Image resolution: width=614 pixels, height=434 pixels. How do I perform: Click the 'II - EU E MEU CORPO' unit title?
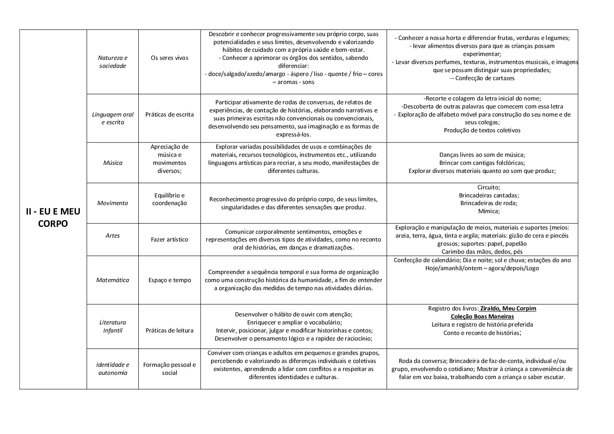(x=53, y=217)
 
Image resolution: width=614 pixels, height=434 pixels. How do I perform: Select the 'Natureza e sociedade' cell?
(x=113, y=62)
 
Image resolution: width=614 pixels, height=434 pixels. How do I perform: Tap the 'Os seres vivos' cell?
(x=169, y=58)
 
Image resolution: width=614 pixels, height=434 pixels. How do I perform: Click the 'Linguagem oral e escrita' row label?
(x=113, y=118)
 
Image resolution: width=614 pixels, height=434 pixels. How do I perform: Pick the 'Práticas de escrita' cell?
(x=169, y=114)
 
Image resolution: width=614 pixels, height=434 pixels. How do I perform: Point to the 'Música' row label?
(x=113, y=163)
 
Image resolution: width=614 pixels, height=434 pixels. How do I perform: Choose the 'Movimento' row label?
(x=113, y=203)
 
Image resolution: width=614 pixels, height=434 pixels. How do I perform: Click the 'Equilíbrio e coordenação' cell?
(x=169, y=199)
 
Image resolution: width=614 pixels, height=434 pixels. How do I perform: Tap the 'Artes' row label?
(x=113, y=236)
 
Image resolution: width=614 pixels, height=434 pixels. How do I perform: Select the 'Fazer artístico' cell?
(x=169, y=239)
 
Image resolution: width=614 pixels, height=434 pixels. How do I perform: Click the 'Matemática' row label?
(x=113, y=280)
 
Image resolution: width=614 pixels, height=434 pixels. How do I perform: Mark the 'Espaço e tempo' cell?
(x=169, y=280)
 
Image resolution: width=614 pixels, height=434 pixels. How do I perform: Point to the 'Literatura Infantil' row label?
(x=113, y=326)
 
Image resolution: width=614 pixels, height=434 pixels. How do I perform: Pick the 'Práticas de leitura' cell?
(x=169, y=330)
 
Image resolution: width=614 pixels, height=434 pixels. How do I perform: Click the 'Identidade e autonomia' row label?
(x=113, y=369)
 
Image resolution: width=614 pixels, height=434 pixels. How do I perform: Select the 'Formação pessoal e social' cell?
(x=169, y=369)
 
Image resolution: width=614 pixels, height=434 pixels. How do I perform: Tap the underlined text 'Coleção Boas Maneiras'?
(x=482, y=317)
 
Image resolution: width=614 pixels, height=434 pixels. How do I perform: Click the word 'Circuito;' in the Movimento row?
(x=489, y=187)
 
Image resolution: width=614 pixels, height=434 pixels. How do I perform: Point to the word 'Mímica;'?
(x=489, y=211)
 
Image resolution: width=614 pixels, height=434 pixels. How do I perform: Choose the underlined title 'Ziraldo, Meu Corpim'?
(x=508, y=309)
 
